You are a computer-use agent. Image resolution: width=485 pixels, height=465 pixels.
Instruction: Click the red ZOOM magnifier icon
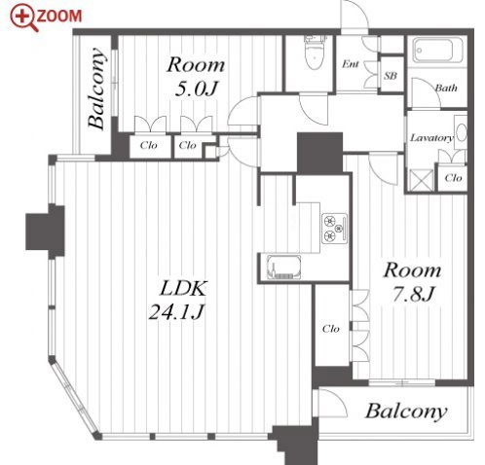click(x=24, y=18)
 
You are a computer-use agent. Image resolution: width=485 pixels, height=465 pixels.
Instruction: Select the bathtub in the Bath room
click(x=437, y=50)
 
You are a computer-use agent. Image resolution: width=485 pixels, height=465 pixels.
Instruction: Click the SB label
click(x=391, y=76)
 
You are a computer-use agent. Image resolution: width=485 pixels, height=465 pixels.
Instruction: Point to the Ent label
click(x=351, y=64)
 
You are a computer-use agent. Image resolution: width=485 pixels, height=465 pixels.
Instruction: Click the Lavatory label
click(x=431, y=138)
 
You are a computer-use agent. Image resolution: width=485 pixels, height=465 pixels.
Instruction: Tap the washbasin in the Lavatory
click(x=461, y=132)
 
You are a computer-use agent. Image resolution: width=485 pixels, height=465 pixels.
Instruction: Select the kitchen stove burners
click(x=335, y=229)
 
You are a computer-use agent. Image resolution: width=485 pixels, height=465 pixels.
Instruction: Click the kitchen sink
click(x=283, y=268)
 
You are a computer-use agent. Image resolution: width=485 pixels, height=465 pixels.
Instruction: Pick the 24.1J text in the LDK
click(x=176, y=312)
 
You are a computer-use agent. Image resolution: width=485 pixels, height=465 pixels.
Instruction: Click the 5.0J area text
click(x=196, y=89)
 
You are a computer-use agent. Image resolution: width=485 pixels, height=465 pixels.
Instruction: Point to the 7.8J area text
click(x=413, y=294)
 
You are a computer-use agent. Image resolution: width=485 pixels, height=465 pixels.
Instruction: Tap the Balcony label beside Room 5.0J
click(x=96, y=88)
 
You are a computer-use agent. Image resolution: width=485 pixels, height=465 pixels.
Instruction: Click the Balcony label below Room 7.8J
click(x=406, y=411)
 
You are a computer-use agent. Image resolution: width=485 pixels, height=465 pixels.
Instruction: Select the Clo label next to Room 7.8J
click(x=331, y=329)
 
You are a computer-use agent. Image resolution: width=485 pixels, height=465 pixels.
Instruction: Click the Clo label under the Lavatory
click(x=453, y=178)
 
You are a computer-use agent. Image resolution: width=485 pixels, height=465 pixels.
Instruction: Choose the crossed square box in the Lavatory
click(x=421, y=180)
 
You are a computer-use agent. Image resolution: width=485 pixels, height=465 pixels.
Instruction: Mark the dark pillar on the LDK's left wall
click(x=46, y=232)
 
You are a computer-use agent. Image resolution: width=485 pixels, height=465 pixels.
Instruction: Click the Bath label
click(x=446, y=88)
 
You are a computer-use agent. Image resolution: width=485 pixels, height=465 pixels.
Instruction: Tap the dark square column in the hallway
click(x=319, y=153)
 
